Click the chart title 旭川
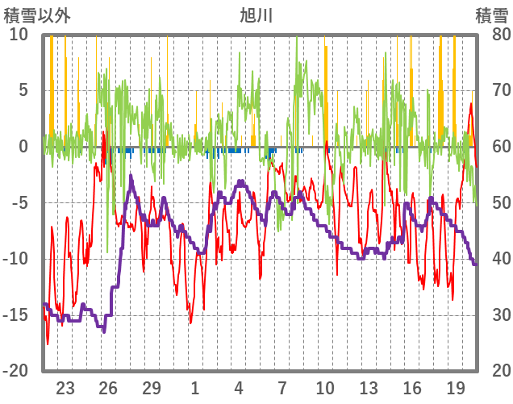pos(256,14)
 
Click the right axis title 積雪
pos(490,14)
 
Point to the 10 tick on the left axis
pos(19,35)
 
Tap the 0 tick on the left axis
pos(23,147)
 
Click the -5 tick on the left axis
pos(19,202)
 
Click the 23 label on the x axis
pos(65,386)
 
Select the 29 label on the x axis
pos(152,386)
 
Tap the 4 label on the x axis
pos(239,386)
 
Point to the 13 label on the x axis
pos(369,386)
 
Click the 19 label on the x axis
pos(456,386)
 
